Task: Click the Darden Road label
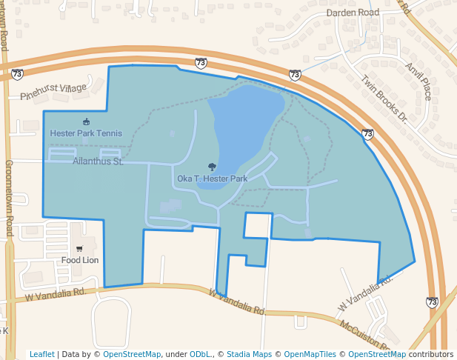pos(353,13)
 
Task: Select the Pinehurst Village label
pos(53,92)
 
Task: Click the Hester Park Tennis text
pos(86,133)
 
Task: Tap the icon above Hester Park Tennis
pos(86,121)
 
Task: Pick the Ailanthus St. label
pos(98,161)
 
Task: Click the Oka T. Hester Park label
pos(212,179)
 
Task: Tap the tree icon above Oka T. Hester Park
pos(213,167)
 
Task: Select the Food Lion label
pos(80,260)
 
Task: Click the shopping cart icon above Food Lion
pos(79,249)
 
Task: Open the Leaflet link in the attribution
pos(42,354)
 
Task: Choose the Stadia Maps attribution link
pos(250,354)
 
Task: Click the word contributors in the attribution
pos(431,354)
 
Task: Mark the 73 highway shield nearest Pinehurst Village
pos(17,74)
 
